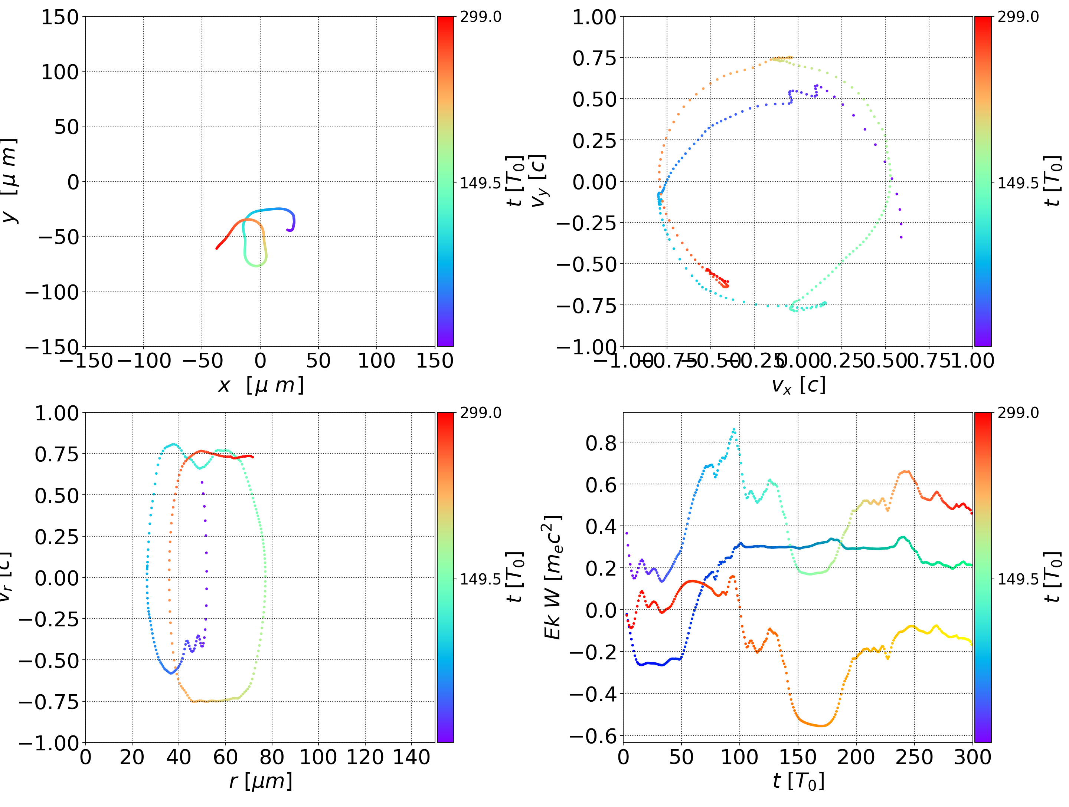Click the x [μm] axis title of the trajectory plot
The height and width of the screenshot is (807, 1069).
point(261,385)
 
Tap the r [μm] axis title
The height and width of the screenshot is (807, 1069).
point(261,781)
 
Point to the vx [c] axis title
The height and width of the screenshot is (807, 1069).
point(798,385)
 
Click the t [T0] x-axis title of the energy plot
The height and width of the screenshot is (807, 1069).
point(798,781)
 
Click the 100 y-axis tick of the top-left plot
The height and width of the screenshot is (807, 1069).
point(59,72)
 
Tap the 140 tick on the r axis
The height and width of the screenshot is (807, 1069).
point(411,757)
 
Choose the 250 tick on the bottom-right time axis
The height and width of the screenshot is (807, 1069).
point(914,757)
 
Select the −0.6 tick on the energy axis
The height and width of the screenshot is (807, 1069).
point(594,737)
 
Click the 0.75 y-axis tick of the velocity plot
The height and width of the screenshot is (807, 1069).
point(594,58)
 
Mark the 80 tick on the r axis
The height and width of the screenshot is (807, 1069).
point(272,757)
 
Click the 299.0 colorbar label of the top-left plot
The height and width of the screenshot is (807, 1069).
point(480,17)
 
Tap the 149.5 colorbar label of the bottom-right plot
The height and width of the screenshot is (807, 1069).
point(1018,579)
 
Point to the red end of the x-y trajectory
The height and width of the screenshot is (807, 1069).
point(217,248)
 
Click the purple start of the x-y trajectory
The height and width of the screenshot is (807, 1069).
point(288,230)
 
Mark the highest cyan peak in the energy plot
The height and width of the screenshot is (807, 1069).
point(733,429)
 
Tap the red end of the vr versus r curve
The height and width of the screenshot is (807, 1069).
point(252,457)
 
